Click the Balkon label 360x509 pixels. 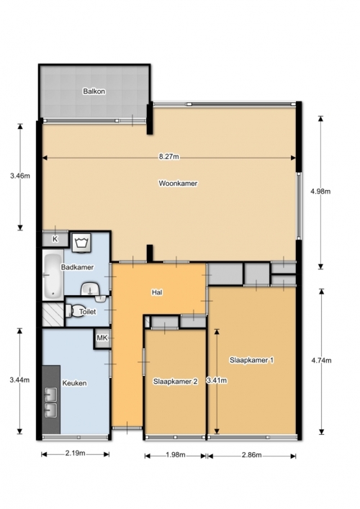pyautogui.click(x=94, y=91)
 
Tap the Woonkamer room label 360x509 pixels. pyautogui.click(x=178, y=184)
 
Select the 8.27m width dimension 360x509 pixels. pyautogui.click(x=168, y=157)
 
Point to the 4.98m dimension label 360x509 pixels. pyautogui.click(x=320, y=192)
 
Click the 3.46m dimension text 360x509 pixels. pyautogui.click(x=20, y=176)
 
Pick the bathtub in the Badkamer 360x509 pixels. pyautogui.click(x=53, y=276)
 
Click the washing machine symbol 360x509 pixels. pyautogui.click(x=81, y=243)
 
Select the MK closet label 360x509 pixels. pyautogui.click(x=102, y=338)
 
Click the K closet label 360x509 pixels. pyautogui.click(x=55, y=239)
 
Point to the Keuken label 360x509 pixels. pyautogui.click(x=74, y=383)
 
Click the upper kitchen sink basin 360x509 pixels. pyautogui.click(x=50, y=395)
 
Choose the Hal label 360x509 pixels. pyautogui.click(x=157, y=292)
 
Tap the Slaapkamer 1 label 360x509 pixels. pyautogui.click(x=251, y=360)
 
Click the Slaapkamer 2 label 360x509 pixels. pyautogui.click(x=175, y=382)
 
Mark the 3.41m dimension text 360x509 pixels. pyautogui.click(x=217, y=380)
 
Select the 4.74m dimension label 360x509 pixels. pyautogui.click(x=321, y=360)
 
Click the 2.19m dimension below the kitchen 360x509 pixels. pyautogui.click(x=76, y=453)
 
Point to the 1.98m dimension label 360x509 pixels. pyautogui.click(x=175, y=455)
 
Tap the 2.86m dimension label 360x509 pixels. pyautogui.click(x=251, y=455)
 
